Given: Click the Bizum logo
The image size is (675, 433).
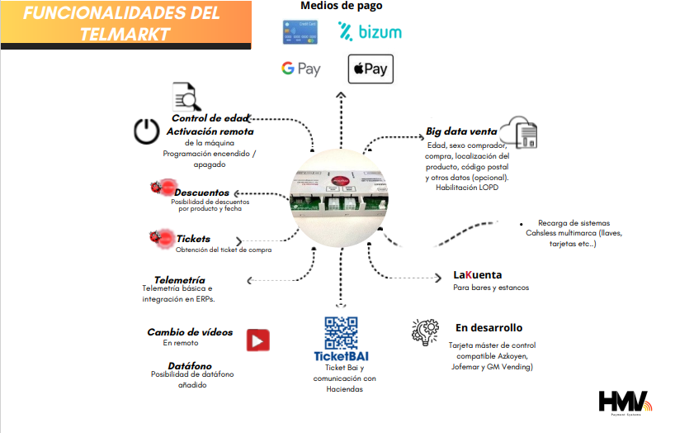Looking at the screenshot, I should click(x=370, y=32).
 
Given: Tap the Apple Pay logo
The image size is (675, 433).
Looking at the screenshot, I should click(x=371, y=69).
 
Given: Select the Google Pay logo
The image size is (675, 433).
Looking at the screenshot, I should click(x=300, y=69).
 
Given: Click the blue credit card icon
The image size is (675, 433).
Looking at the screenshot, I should click(x=300, y=32).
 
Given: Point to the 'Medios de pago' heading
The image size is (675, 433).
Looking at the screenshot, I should click(x=341, y=7).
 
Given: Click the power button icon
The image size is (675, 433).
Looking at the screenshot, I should click(x=146, y=132).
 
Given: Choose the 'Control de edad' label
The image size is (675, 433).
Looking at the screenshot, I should click(x=210, y=118).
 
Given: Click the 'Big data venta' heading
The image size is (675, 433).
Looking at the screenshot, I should click(x=461, y=131).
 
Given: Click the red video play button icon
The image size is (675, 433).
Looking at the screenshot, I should click(x=257, y=340).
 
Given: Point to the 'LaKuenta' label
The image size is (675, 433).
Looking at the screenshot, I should click(x=477, y=274).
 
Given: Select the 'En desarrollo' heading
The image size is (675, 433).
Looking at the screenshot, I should click(x=489, y=328).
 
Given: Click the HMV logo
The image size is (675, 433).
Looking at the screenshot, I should click(x=625, y=402).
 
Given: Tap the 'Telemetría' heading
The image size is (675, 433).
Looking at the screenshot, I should click(x=179, y=280).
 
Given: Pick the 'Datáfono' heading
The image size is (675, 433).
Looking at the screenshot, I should click(x=190, y=365).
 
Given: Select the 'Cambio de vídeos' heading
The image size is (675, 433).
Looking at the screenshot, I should click(x=190, y=332).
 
